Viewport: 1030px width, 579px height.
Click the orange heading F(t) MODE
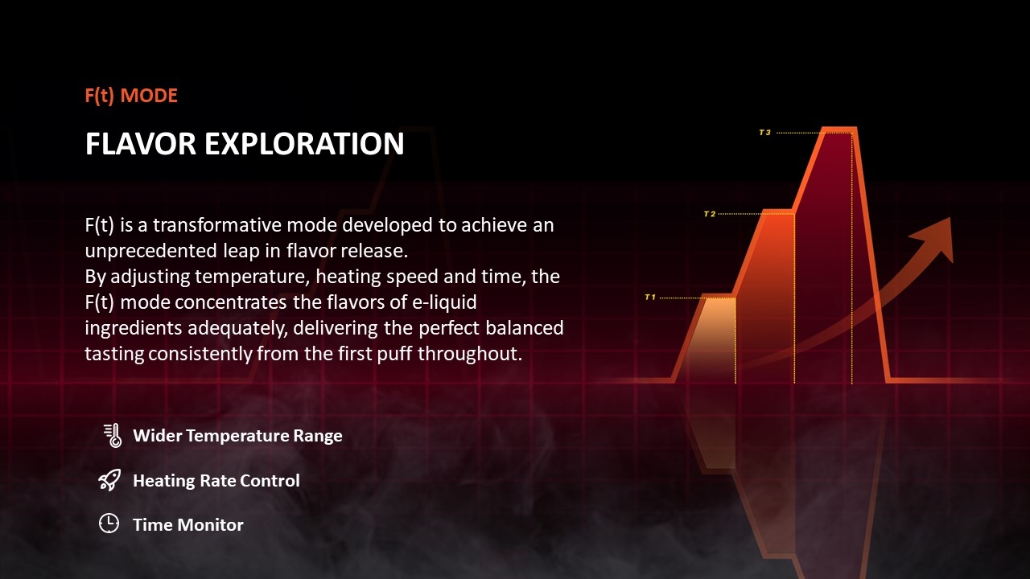(131, 96)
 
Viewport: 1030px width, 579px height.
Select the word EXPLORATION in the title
(304, 144)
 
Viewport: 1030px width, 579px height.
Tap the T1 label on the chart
(650, 298)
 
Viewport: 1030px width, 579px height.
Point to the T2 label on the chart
(710, 214)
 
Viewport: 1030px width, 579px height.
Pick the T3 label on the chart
(764, 133)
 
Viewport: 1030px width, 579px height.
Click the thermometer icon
(113, 435)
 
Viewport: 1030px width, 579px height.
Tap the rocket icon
(109, 480)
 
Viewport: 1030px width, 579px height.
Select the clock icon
(109, 524)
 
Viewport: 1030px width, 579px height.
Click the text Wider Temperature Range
(237, 436)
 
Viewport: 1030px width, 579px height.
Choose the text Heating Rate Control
(216, 481)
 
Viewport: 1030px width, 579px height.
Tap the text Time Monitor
(188, 525)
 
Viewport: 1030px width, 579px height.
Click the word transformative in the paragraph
(216, 225)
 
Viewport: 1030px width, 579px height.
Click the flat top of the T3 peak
(839, 129)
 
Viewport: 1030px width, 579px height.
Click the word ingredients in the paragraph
(134, 329)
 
